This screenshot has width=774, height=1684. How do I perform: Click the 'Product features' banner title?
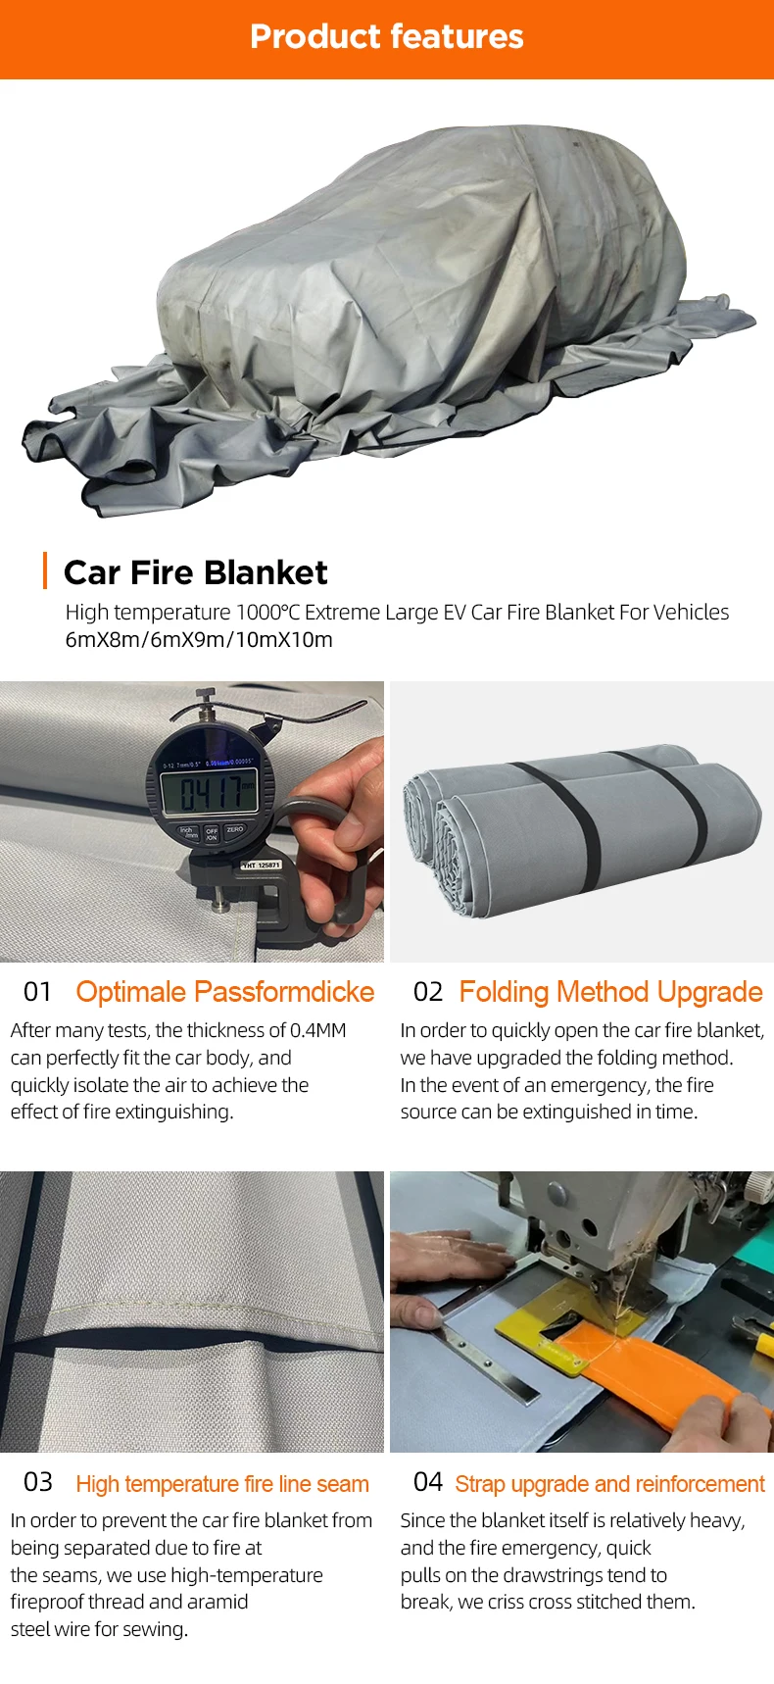387,36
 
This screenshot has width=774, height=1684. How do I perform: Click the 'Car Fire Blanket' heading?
196,572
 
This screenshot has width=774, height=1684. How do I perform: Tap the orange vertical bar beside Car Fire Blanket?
45,570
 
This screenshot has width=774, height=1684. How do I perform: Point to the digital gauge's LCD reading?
210,792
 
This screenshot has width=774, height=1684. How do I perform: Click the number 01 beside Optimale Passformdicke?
37,992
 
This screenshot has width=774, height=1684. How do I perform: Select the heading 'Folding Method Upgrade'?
610,992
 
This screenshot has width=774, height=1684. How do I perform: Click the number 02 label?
428,992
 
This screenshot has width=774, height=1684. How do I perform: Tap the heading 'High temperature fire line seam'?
222,1484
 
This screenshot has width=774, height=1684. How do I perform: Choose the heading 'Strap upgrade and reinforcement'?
609,1484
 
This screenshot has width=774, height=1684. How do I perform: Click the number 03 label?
38,1482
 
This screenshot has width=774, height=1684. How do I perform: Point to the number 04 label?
428,1482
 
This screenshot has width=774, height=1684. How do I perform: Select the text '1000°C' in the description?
267,613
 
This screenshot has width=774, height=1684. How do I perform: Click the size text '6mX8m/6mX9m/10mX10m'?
199,640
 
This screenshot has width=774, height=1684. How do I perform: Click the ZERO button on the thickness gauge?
235,830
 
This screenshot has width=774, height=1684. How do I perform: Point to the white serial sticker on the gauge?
262,866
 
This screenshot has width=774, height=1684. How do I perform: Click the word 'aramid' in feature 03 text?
218,1602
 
